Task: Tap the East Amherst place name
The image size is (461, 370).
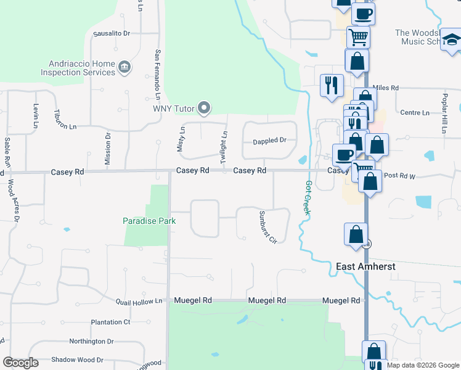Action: (365, 266)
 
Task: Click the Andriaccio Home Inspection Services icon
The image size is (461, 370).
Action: (124, 67)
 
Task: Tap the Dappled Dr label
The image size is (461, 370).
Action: (270, 141)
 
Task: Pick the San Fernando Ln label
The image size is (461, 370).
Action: (158, 75)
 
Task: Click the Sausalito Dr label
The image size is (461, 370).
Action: (112, 33)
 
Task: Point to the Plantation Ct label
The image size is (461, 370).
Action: (110, 322)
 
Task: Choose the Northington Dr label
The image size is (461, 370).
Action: (96, 341)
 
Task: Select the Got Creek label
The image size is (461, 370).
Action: (307, 197)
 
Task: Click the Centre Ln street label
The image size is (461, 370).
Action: (415, 113)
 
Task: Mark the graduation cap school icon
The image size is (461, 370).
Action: (452, 39)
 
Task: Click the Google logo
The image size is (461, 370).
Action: (20, 363)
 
